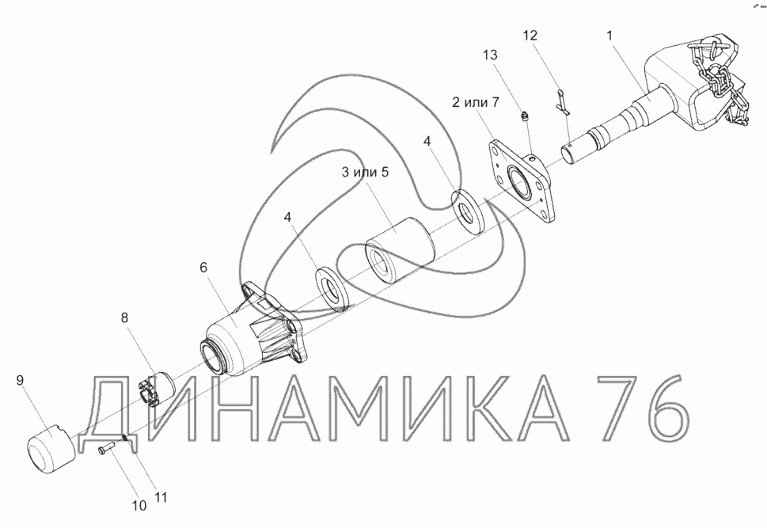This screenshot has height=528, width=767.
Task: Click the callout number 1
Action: click(609, 36)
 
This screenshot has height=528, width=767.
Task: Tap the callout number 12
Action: click(530, 36)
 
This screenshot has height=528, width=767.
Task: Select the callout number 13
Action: click(490, 55)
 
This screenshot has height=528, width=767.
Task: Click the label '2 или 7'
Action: click(475, 103)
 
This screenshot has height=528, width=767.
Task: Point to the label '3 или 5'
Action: click(365, 173)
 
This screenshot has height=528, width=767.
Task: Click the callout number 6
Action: click(203, 268)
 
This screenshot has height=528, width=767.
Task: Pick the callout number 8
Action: click(125, 317)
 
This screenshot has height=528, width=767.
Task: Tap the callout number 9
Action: click(20, 380)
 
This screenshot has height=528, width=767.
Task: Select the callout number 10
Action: click(140, 506)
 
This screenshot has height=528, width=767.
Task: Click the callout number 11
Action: click(161, 497)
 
